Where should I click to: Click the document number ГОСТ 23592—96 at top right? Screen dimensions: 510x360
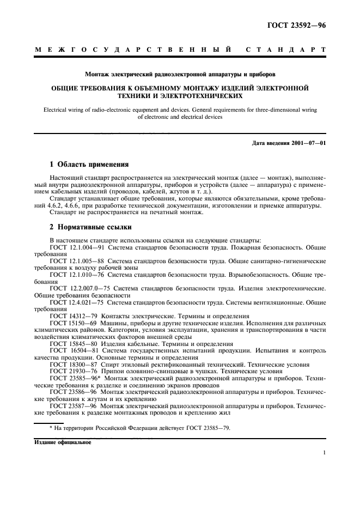click(x=297, y=25)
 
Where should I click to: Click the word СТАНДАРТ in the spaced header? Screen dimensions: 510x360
click(x=286, y=51)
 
